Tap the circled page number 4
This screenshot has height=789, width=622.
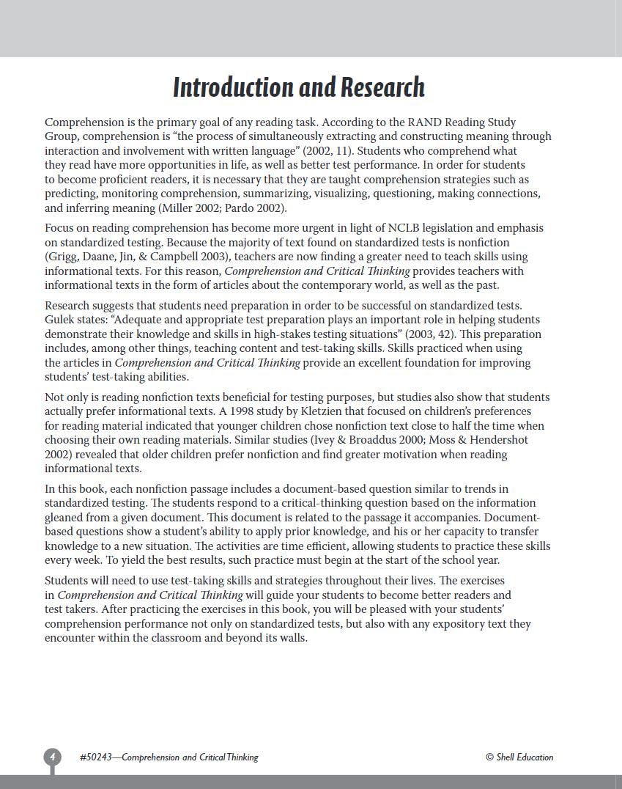pos(52,757)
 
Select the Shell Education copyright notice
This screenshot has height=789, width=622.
pos(519,757)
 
